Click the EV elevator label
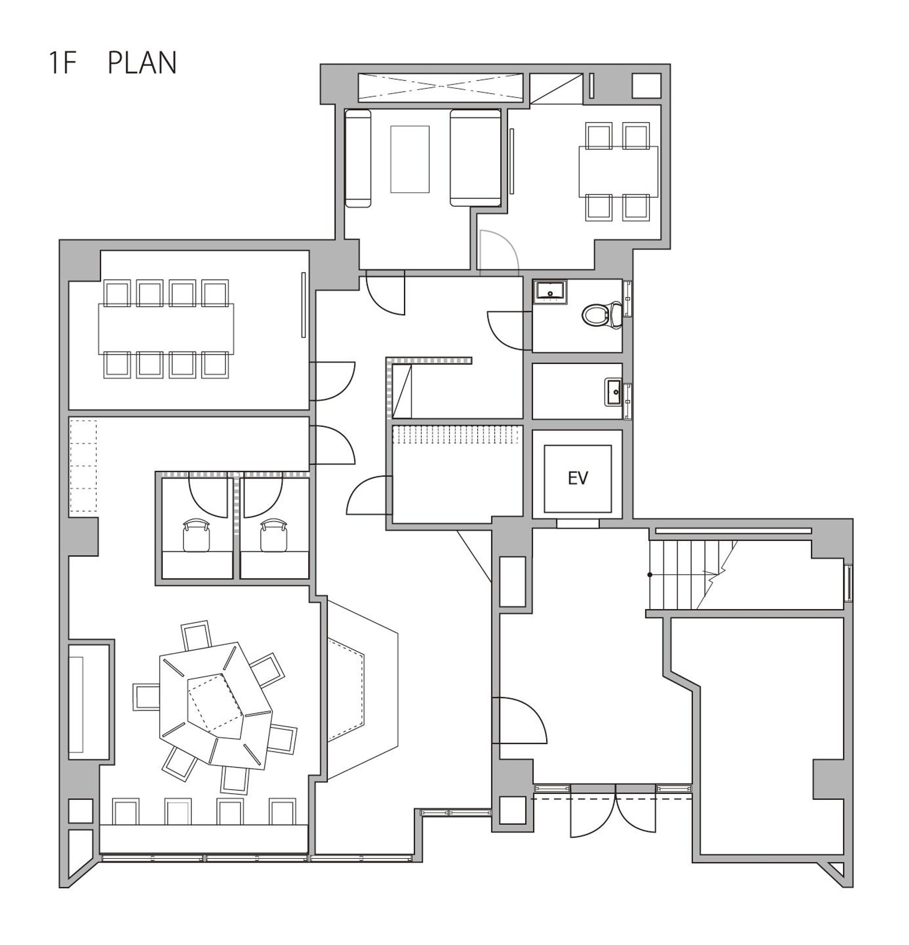[x=577, y=478]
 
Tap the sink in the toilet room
[x=550, y=291]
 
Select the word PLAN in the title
[x=142, y=63]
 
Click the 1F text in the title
[x=63, y=63]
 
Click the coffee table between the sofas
[x=409, y=159]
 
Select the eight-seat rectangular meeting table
[x=166, y=328]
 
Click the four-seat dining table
[x=618, y=171]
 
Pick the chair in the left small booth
[x=197, y=536]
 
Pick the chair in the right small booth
[x=275, y=536]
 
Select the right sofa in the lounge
[x=475, y=158]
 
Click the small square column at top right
[x=646, y=86]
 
